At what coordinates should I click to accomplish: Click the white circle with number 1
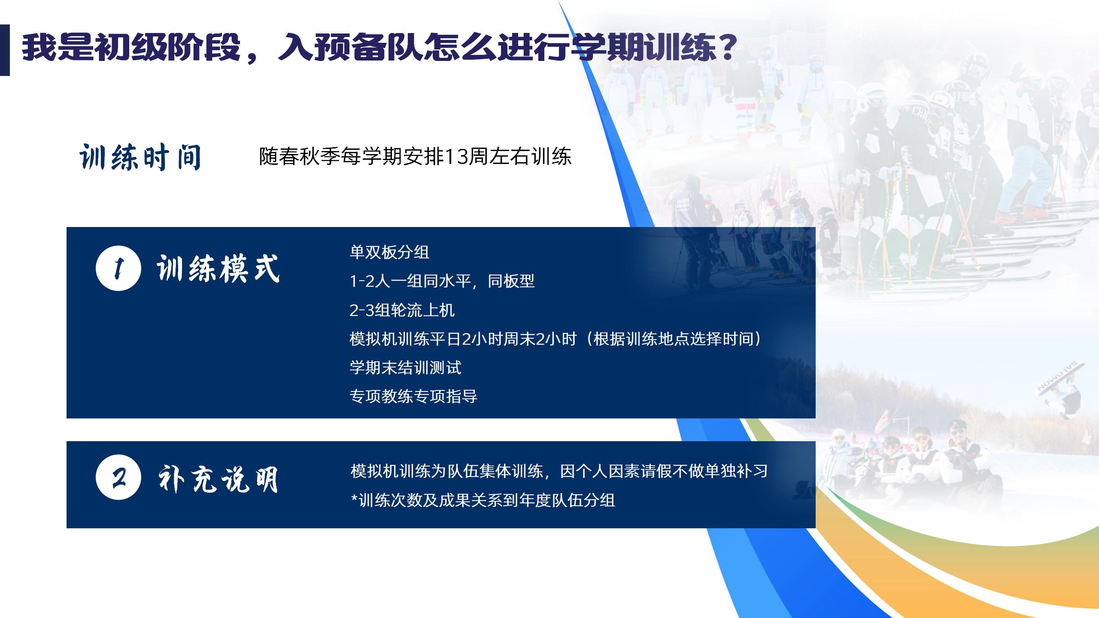point(118,268)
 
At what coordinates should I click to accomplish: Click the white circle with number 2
point(118,477)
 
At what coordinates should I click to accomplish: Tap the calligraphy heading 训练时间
point(140,157)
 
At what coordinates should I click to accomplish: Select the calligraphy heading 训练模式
point(218,269)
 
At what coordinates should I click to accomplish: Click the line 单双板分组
point(389,252)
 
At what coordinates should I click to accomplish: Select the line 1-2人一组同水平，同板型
point(442,281)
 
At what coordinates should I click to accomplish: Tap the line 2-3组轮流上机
point(402,310)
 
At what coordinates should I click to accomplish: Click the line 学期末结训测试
point(405,367)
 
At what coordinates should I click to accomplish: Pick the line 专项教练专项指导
point(413,396)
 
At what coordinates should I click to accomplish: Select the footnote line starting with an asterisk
point(483,500)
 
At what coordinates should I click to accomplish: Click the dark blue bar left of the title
point(5,50)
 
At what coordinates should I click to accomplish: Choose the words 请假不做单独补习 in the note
point(704,471)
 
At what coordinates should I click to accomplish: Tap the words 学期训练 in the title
point(644,47)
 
